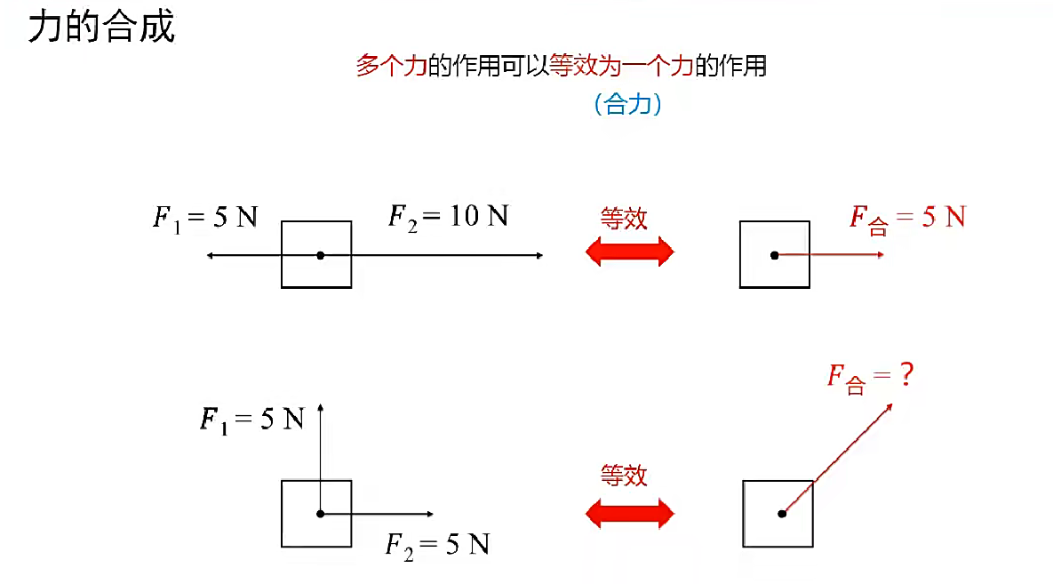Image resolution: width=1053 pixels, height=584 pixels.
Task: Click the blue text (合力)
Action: click(x=627, y=105)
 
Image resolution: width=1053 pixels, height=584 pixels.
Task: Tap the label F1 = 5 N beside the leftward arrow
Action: click(x=205, y=218)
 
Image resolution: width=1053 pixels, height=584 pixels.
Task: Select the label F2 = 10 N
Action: click(x=448, y=216)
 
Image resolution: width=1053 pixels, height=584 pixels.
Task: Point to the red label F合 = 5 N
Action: click(x=906, y=218)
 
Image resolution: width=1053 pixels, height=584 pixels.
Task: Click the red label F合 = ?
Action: click(x=870, y=377)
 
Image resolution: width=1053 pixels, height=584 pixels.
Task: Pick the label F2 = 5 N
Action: click(x=437, y=544)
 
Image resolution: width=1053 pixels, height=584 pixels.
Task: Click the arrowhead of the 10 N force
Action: click(x=539, y=255)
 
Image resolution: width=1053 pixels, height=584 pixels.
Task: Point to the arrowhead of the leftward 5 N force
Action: click(x=210, y=255)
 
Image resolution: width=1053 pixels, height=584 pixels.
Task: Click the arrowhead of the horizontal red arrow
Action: click(x=880, y=255)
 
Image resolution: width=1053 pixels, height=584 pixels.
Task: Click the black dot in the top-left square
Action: click(x=320, y=255)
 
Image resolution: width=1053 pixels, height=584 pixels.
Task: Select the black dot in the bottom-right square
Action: click(x=782, y=513)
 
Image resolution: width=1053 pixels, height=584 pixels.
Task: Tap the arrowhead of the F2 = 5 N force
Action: click(x=430, y=514)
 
